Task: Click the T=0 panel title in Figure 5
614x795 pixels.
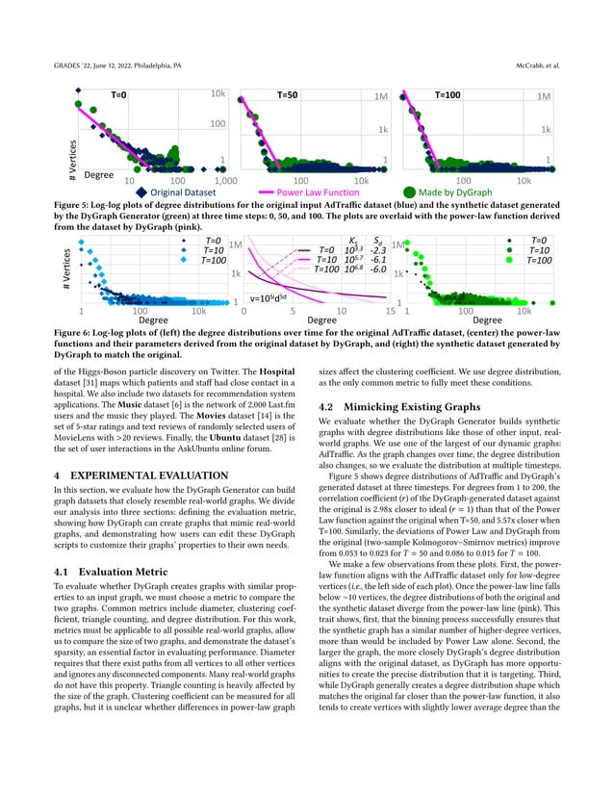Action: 118,95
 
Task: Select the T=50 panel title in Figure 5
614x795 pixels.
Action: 288,95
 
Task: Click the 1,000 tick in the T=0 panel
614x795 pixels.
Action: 224,180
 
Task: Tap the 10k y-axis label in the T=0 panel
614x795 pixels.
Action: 218,95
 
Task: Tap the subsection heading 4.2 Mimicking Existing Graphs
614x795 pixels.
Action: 400,407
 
